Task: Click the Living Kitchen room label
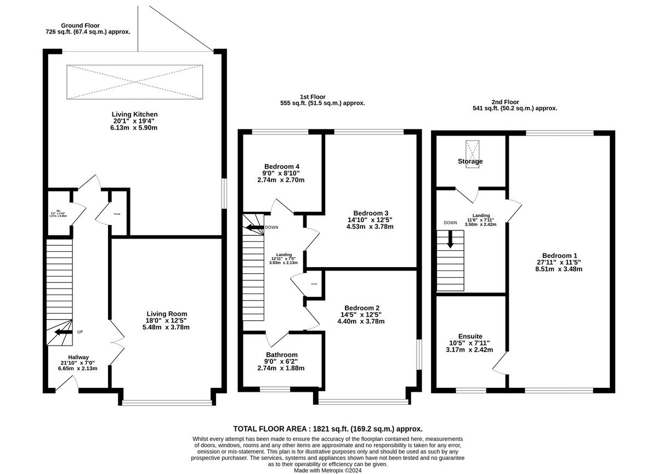click(134, 115)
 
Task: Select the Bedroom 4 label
click(281, 167)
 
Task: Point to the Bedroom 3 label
click(371, 213)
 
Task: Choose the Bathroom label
click(281, 354)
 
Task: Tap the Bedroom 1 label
click(559, 256)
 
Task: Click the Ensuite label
click(470, 336)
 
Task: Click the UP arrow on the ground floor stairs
click(64, 332)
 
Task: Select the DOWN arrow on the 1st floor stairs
click(253, 227)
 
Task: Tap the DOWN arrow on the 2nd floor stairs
click(450, 240)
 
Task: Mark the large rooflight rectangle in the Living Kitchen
click(134, 81)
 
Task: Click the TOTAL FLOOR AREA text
click(328, 429)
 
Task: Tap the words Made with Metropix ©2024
click(328, 470)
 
